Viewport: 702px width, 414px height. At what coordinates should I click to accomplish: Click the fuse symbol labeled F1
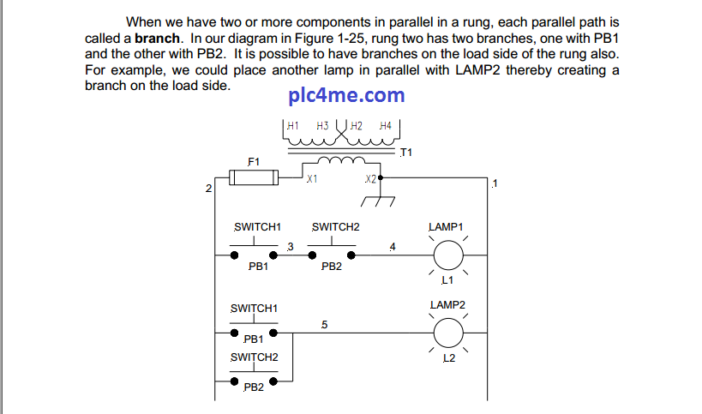pos(254,178)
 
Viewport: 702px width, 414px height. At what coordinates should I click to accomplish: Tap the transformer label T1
pos(406,153)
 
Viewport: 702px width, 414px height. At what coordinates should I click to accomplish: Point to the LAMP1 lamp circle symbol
pos(447,255)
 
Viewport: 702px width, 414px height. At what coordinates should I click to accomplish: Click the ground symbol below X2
pos(378,200)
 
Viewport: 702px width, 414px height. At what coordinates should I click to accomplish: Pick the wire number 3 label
pos(290,248)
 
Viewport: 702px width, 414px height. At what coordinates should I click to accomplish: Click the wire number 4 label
pos(392,248)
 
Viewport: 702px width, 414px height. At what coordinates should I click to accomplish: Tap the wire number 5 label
pos(323,325)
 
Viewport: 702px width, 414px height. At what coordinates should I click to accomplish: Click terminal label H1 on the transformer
pos(292,125)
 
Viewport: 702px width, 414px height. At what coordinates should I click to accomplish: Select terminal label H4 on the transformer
pos(384,125)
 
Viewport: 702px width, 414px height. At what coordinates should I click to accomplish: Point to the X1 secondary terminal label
pos(312,180)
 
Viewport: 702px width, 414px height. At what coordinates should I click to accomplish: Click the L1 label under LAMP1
pos(447,280)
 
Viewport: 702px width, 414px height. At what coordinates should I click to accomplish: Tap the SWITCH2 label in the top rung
pos(335,227)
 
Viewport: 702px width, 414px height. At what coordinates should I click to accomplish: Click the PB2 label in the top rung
pos(332,267)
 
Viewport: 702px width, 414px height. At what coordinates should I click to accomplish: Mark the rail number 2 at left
pos(208,188)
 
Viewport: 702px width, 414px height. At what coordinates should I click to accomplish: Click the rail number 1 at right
pos(495,184)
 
